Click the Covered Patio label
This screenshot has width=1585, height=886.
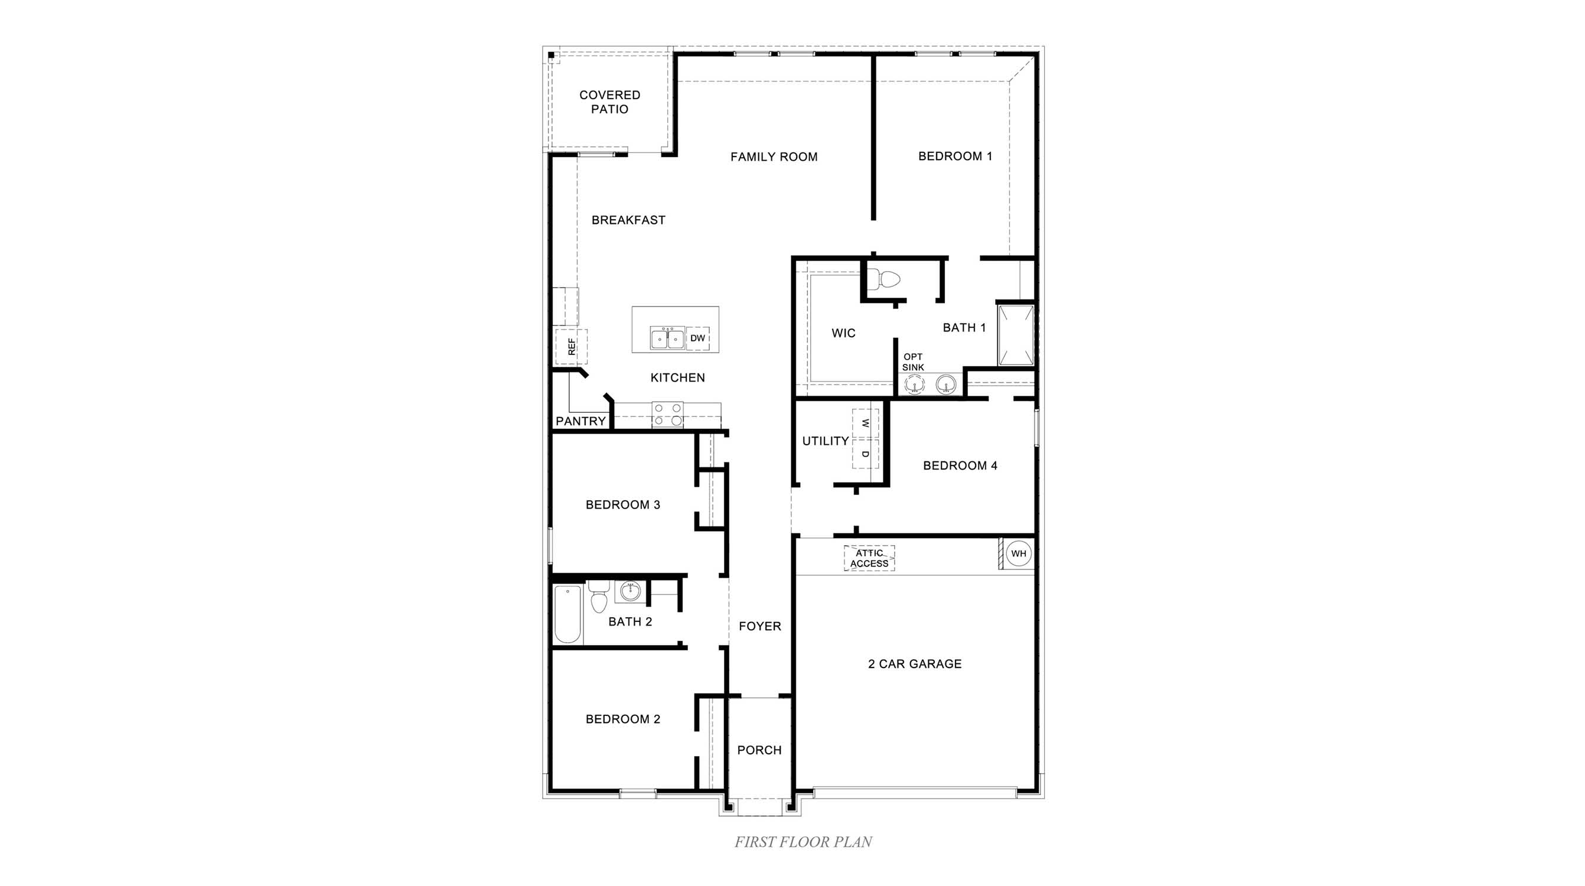click(609, 102)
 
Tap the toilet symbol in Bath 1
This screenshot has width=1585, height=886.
click(888, 281)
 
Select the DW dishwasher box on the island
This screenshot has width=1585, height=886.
click(697, 338)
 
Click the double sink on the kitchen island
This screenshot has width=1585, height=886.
click(667, 338)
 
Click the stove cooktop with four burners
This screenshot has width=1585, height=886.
click(667, 415)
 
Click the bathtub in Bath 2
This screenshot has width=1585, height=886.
click(568, 614)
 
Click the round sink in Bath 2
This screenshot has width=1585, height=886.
click(630, 592)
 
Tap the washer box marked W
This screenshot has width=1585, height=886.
click(865, 424)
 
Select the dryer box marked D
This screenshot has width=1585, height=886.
click(865, 454)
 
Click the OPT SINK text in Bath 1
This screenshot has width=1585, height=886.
click(912, 361)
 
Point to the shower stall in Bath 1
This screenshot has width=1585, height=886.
click(1015, 336)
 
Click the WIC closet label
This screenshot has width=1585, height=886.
click(843, 334)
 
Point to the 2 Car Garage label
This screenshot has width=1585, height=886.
click(914, 664)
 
